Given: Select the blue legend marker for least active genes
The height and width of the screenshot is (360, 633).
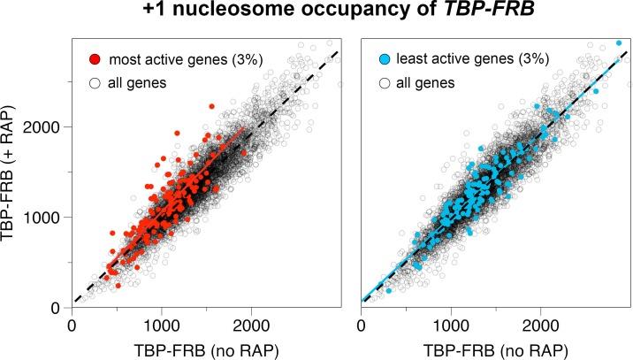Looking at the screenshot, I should tap(382, 60).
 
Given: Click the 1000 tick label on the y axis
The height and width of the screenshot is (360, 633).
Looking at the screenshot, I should tap(47, 217).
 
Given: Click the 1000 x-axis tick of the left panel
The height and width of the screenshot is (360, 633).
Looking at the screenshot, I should tap(161, 324).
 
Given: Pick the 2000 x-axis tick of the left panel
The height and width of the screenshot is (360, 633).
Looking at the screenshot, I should tap(251, 324).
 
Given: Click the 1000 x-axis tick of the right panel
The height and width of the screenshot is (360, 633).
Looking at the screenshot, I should tap(451, 324).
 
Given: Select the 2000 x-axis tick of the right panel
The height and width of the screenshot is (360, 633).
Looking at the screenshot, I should tap(541, 324).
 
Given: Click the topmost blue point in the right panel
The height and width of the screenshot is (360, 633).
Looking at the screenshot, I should tap(619, 42).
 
